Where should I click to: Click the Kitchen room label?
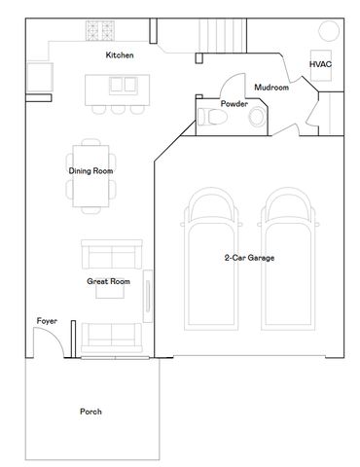click(x=120, y=55)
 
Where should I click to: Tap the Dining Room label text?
click(x=90, y=171)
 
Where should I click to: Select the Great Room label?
click(x=108, y=281)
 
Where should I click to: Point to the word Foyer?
click(x=47, y=321)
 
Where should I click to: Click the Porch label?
click(x=90, y=412)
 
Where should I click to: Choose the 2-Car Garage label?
click(x=249, y=258)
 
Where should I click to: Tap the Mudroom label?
click(x=271, y=88)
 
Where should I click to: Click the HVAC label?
click(x=320, y=64)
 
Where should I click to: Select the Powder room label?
click(x=234, y=104)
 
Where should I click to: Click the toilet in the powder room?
click(x=211, y=117)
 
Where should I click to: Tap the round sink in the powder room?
click(x=257, y=117)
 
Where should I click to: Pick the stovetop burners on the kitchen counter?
click(x=100, y=31)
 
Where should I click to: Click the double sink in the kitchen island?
click(x=124, y=85)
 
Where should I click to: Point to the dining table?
click(x=90, y=176)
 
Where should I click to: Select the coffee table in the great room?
click(x=110, y=292)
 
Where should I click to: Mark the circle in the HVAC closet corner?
click(x=329, y=31)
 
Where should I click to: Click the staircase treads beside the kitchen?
click(x=223, y=35)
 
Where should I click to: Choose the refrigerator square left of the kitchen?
click(x=40, y=77)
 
